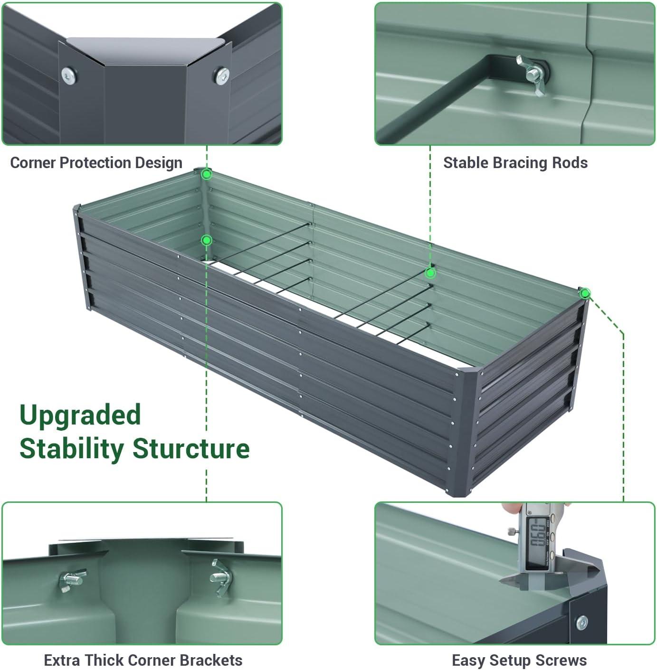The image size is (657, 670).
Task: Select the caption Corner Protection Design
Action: tap(96, 162)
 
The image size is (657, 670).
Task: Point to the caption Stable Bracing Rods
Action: tap(515, 162)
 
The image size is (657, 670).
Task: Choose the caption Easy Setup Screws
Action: tap(519, 660)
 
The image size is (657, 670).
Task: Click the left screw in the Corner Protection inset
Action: tap(69, 75)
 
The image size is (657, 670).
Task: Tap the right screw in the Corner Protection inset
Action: tap(221, 75)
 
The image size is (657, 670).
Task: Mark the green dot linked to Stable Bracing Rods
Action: tap(430, 273)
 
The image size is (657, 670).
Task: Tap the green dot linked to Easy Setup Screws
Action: tap(585, 293)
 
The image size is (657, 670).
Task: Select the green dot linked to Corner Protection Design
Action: tap(206, 174)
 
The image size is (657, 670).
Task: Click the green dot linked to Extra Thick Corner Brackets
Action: tap(206, 240)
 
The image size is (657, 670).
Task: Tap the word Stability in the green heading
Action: tap(71, 449)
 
